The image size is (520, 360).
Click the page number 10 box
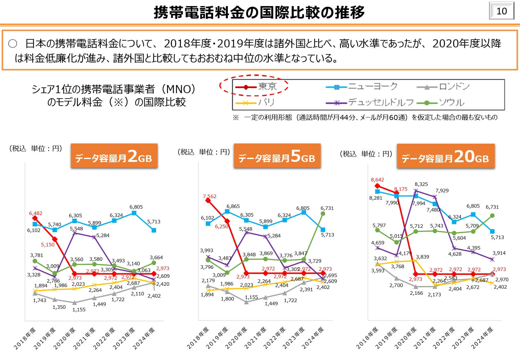pos(501,11)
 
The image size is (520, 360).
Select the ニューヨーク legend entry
pos(362,86)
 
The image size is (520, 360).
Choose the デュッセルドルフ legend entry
pos(370,103)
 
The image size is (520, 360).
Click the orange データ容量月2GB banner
pos(114,156)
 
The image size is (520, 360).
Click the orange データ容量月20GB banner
pos(445,156)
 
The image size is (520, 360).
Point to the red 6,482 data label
pos(36,213)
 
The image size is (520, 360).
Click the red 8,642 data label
pos(377,180)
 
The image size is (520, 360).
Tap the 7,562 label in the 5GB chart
pos(210,196)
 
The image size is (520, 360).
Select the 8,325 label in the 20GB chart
pos(421,184)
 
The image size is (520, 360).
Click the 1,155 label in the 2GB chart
pos(79,310)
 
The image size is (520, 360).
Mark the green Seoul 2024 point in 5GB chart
pos(323,213)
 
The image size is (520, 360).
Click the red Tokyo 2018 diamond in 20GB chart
pos(377,186)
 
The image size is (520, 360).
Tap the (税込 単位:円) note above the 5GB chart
pos(204,152)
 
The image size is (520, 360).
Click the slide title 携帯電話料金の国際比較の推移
pos(259,13)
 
